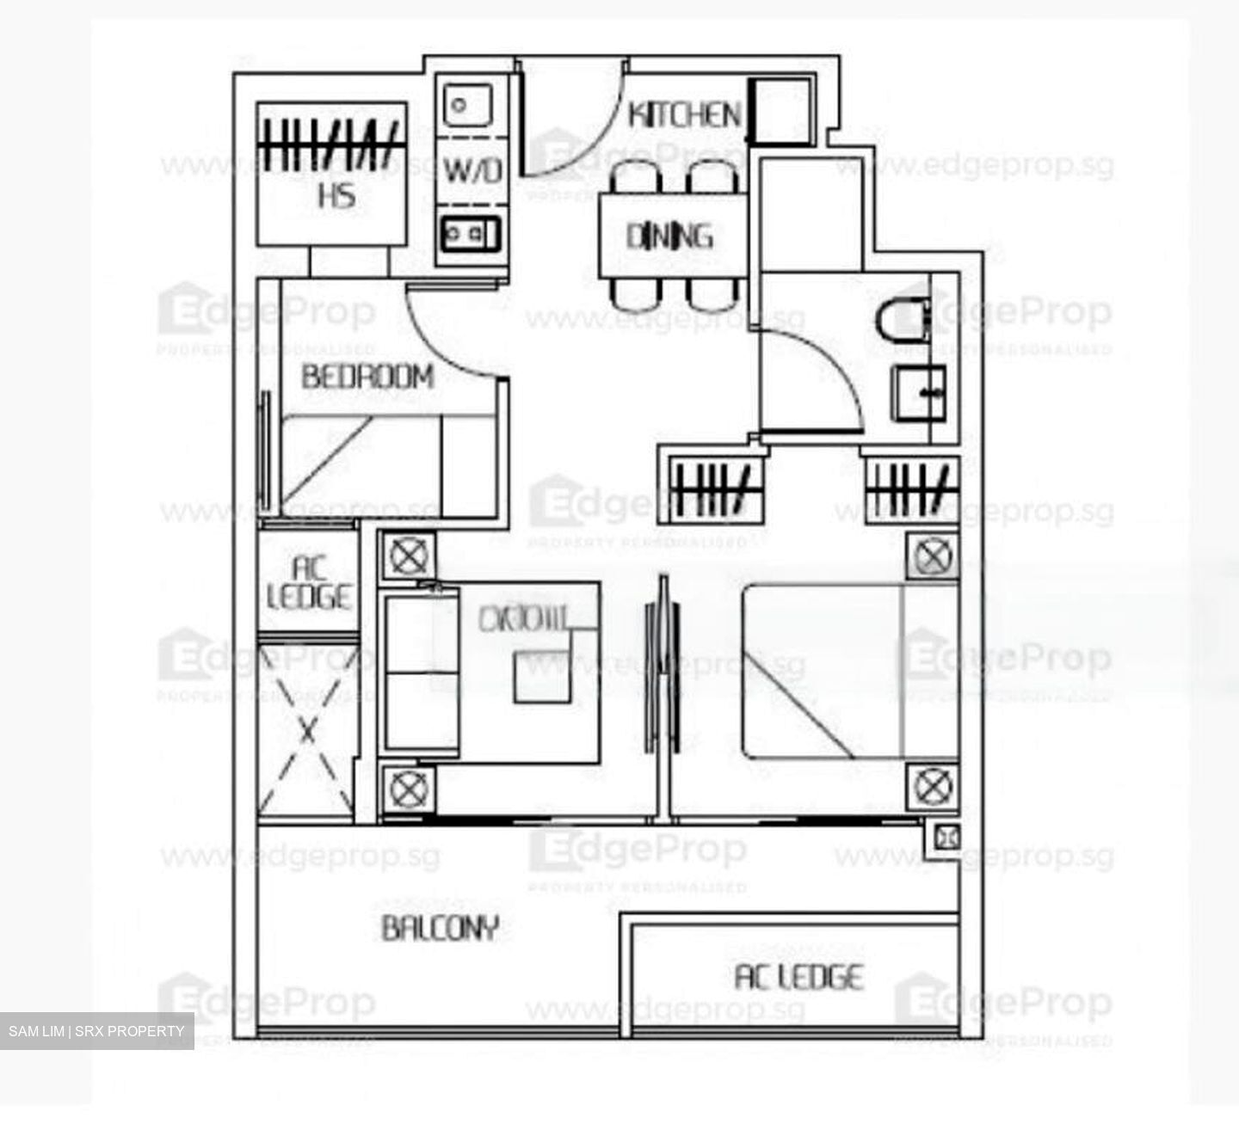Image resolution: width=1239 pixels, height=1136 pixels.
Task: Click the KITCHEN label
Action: [x=684, y=114]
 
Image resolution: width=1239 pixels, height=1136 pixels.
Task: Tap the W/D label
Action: [x=472, y=170]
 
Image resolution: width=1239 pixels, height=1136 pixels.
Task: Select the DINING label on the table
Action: [x=669, y=236]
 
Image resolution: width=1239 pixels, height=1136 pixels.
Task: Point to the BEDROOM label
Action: [x=367, y=377]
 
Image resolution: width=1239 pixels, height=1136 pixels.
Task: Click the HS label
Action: [x=336, y=196]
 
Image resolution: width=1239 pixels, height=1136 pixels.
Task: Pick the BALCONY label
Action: [x=440, y=929]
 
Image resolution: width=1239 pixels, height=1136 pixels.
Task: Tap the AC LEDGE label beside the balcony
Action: [x=798, y=978]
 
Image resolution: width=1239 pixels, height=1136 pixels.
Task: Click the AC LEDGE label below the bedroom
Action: [x=309, y=583]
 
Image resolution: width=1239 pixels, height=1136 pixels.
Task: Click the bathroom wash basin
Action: [x=918, y=393]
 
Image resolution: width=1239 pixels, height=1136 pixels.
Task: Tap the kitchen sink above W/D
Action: [x=465, y=105]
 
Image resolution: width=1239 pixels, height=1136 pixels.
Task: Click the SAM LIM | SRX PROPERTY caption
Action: [x=96, y=1031]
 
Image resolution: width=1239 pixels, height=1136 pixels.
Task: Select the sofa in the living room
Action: [x=420, y=672]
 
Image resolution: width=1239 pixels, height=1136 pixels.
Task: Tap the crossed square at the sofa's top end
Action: [x=408, y=556]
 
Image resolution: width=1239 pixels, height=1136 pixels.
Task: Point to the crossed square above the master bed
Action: [x=932, y=557]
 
